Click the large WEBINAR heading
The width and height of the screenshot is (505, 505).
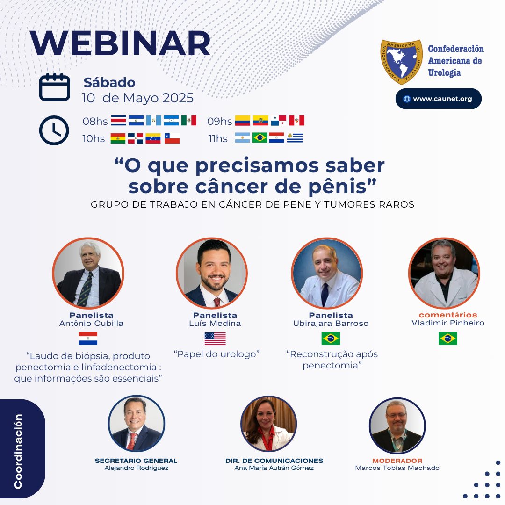pyautogui.click(x=120, y=44)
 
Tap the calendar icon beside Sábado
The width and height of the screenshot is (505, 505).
pyautogui.click(x=54, y=87)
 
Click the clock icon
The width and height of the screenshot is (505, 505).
pyautogui.click(x=54, y=130)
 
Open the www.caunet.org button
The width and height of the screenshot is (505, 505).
pyautogui.click(x=438, y=99)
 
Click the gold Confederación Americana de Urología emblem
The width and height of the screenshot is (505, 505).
pyautogui.click(x=401, y=62)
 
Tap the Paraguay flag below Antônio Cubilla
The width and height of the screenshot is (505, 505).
pyautogui.click(x=88, y=338)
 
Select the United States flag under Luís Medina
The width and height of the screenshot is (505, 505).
pyautogui.click(x=215, y=338)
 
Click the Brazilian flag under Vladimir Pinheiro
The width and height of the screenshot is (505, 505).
pyautogui.click(x=447, y=338)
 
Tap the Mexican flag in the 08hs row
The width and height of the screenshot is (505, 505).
pyautogui.click(x=189, y=121)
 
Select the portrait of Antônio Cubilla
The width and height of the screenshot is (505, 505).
pyautogui.click(x=88, y=274)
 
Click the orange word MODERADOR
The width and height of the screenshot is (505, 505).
pyautogui.click(x=397, y=461)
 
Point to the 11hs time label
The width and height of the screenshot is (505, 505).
pyautogui.click(x=218, y=138)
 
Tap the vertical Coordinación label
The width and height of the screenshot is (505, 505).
pyautogui.click(x=18, y=451)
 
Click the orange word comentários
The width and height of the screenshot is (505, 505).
pyautogui.click(x=447, y=315)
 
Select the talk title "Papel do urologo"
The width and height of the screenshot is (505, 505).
pyautogui.click(x=216, y=354)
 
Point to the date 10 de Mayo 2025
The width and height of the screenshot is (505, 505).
pyautogui.click(x=137, y=98)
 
